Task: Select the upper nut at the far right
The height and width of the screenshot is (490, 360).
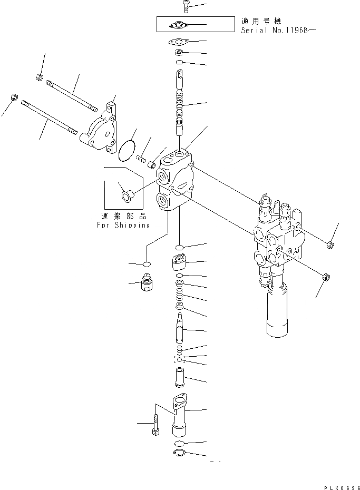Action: point(329,243)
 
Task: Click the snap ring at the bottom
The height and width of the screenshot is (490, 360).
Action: point(179,455)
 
